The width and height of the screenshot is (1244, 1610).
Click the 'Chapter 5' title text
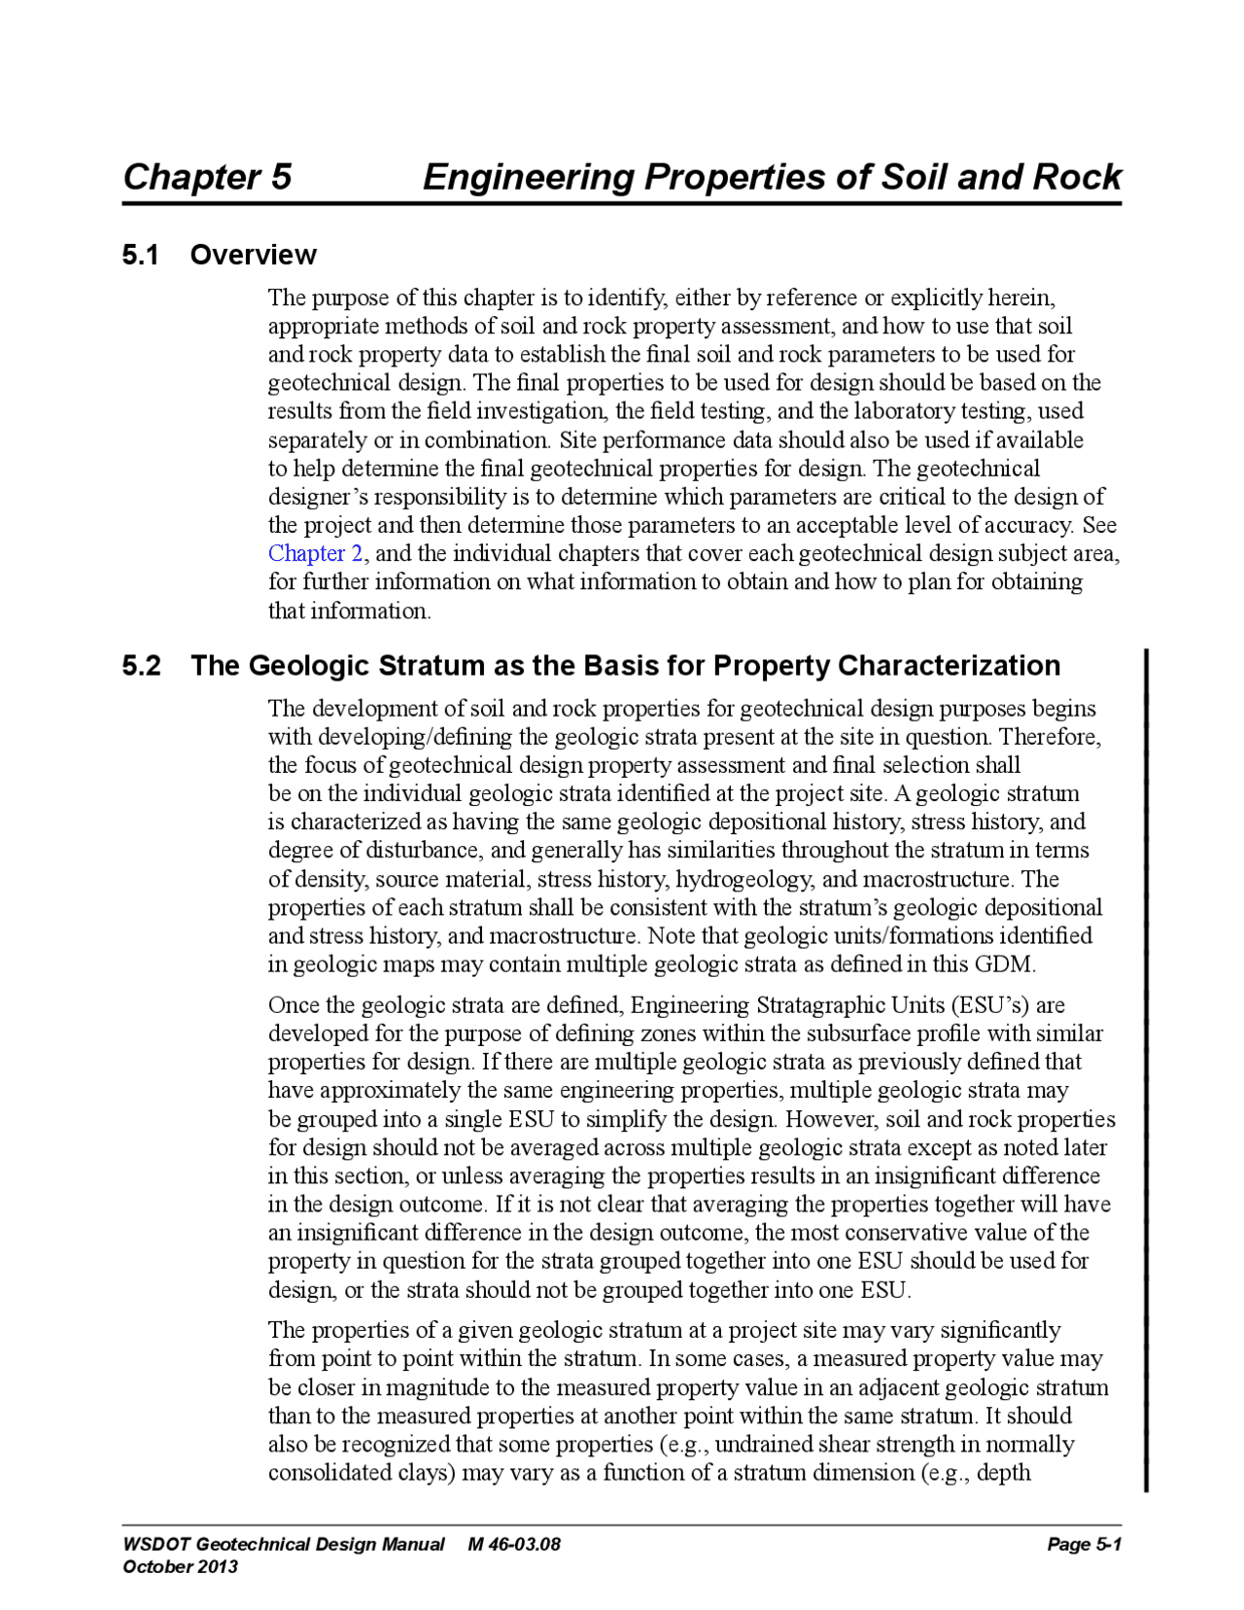pos(207,177)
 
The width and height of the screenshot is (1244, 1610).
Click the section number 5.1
pos(140,255)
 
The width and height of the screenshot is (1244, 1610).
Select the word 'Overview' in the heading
pos(253,255)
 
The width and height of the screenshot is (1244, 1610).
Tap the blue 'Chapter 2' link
pos(316,553)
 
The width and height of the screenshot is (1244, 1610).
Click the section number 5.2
pos(141,666)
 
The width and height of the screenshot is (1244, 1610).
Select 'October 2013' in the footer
pos(181,1566)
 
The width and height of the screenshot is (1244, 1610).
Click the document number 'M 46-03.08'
pos(514,1544)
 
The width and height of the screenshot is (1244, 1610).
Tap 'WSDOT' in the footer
pos(156,1544)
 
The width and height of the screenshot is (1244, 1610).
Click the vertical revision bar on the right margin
pos(1146,1069)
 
